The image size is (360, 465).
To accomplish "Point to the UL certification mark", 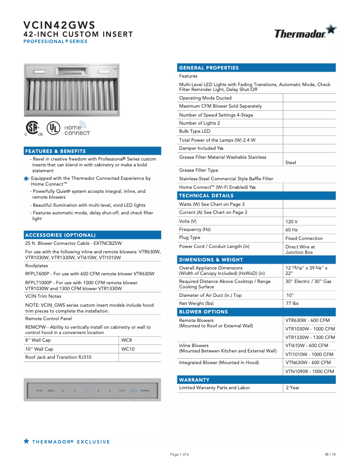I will [x=53, y=128].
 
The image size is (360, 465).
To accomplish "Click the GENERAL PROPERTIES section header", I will [x=209, y=68].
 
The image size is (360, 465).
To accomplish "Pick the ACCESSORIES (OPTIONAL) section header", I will [x=60, y=235].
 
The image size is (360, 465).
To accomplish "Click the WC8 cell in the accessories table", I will [x=127, y=340].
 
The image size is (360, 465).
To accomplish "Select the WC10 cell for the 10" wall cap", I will [x=128, y=349].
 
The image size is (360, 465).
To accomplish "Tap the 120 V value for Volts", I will [x=291, y=222].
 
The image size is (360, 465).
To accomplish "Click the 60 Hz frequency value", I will [x=291, y=230].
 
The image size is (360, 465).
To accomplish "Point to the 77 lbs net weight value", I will [x=292, y=304].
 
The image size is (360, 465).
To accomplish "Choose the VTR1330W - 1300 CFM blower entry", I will [x=310, y=337].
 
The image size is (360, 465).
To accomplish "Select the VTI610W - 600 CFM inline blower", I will [x=307, y=346].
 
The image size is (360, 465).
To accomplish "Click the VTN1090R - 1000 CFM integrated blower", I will [x=310, y=371].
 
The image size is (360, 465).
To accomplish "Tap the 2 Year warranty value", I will [x=293, y=388].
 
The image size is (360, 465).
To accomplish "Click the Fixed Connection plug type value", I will [x=304, y=239].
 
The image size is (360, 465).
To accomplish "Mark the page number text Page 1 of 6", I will [x=180, y=454].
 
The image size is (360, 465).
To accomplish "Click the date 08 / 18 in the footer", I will [x=330, y=454].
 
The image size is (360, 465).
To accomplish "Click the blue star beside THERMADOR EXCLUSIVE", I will [x=26, y=442].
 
